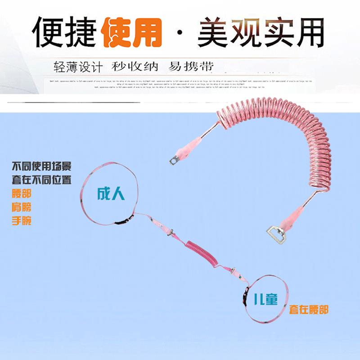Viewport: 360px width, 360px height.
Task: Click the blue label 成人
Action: [111, 194]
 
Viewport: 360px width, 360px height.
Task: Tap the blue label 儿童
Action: [265, 299]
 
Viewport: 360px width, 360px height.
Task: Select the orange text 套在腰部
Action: [309, 309]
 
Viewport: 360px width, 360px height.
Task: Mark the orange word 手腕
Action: [21, 221]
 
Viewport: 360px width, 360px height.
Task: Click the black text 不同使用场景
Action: [41, 166]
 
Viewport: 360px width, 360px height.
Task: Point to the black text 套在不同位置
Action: [41, 180]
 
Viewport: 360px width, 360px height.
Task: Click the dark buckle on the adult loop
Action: [121, 220]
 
